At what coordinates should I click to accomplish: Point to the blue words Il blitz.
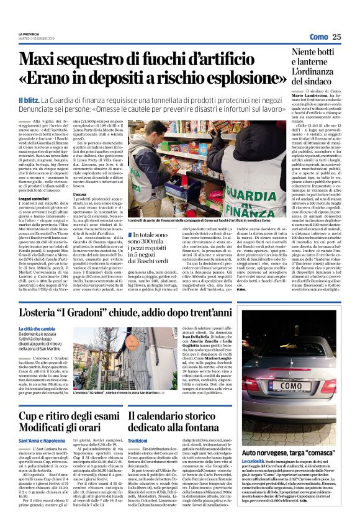tap(30, 100)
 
